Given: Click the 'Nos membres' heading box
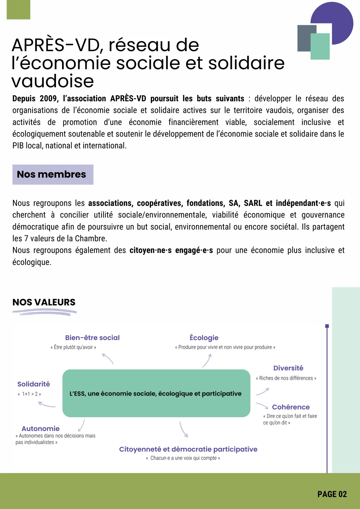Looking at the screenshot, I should (53, 174).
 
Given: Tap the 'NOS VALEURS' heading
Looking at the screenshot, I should (44, 302).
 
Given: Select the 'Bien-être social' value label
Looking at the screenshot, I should (92, 338).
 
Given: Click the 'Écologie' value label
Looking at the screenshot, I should (204, 338).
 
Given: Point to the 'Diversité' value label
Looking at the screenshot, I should (288, 368).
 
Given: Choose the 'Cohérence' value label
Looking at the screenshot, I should (291, 407).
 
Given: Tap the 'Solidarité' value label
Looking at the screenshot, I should (34, 384).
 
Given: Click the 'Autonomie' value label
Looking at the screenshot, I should (41, 429).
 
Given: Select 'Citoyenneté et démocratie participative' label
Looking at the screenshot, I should (188, 449).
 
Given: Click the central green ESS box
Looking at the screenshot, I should (156, 393).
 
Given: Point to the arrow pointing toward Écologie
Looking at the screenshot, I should (207, 361).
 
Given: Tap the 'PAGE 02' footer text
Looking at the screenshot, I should (332, 494).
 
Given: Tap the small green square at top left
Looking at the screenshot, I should (18, 10).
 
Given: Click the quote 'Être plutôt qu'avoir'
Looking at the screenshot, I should (73, 347).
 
